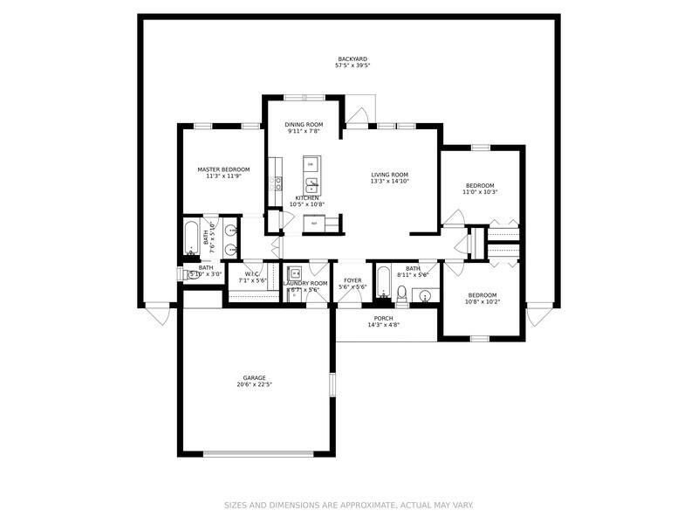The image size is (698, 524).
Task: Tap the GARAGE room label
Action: pos(255,378)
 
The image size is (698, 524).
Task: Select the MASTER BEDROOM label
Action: pos(223,169)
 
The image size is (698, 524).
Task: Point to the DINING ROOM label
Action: pos(304,125)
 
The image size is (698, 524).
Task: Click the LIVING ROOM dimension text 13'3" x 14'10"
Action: pos(389,182)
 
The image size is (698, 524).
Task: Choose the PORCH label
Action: pos(383,318)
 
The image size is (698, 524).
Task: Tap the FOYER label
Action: pos(352,280)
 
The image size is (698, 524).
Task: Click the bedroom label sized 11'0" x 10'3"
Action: pos(480,185)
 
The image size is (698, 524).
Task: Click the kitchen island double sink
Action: pos(311,184)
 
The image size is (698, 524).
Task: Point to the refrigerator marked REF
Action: pos(313,224)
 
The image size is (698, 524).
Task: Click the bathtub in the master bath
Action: pos(191,238)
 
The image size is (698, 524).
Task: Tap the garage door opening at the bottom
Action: pos(255,453)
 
